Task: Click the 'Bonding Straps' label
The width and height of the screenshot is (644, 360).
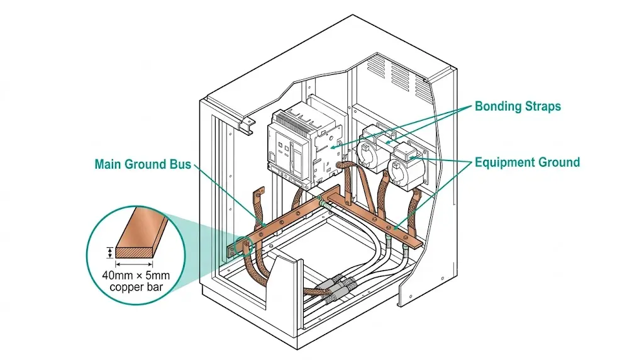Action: point(517,106)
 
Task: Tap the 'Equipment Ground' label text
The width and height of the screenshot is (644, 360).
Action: point(527,162)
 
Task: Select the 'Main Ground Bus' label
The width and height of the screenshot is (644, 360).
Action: point(142,164)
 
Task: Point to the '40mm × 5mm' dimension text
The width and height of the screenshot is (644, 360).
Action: point(136,275)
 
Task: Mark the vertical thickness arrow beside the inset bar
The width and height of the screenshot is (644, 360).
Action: point(111,252)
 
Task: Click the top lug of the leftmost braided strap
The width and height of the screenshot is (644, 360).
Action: point(258,192)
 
